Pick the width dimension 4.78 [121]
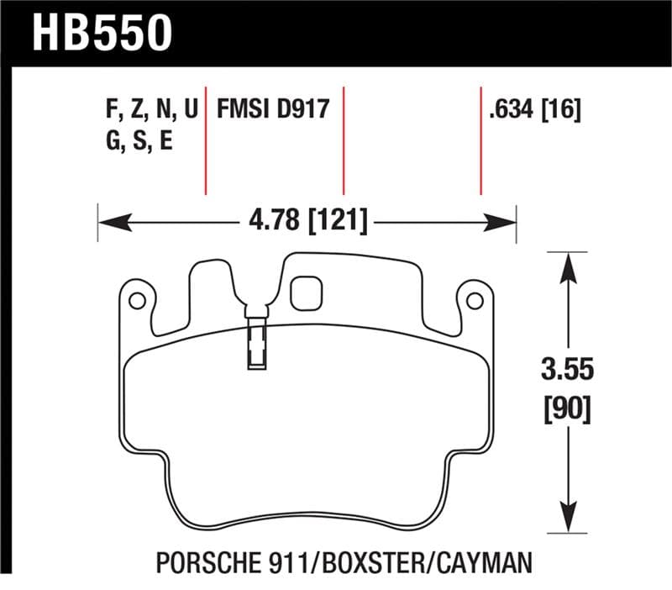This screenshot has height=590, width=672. tap(308, 223)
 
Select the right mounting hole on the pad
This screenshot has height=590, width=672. tap(475, 300)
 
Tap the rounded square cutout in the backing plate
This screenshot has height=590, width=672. tap(305, 292)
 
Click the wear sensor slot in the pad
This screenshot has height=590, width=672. tap(255, 345)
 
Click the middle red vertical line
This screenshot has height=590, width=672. tap(344, 139)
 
